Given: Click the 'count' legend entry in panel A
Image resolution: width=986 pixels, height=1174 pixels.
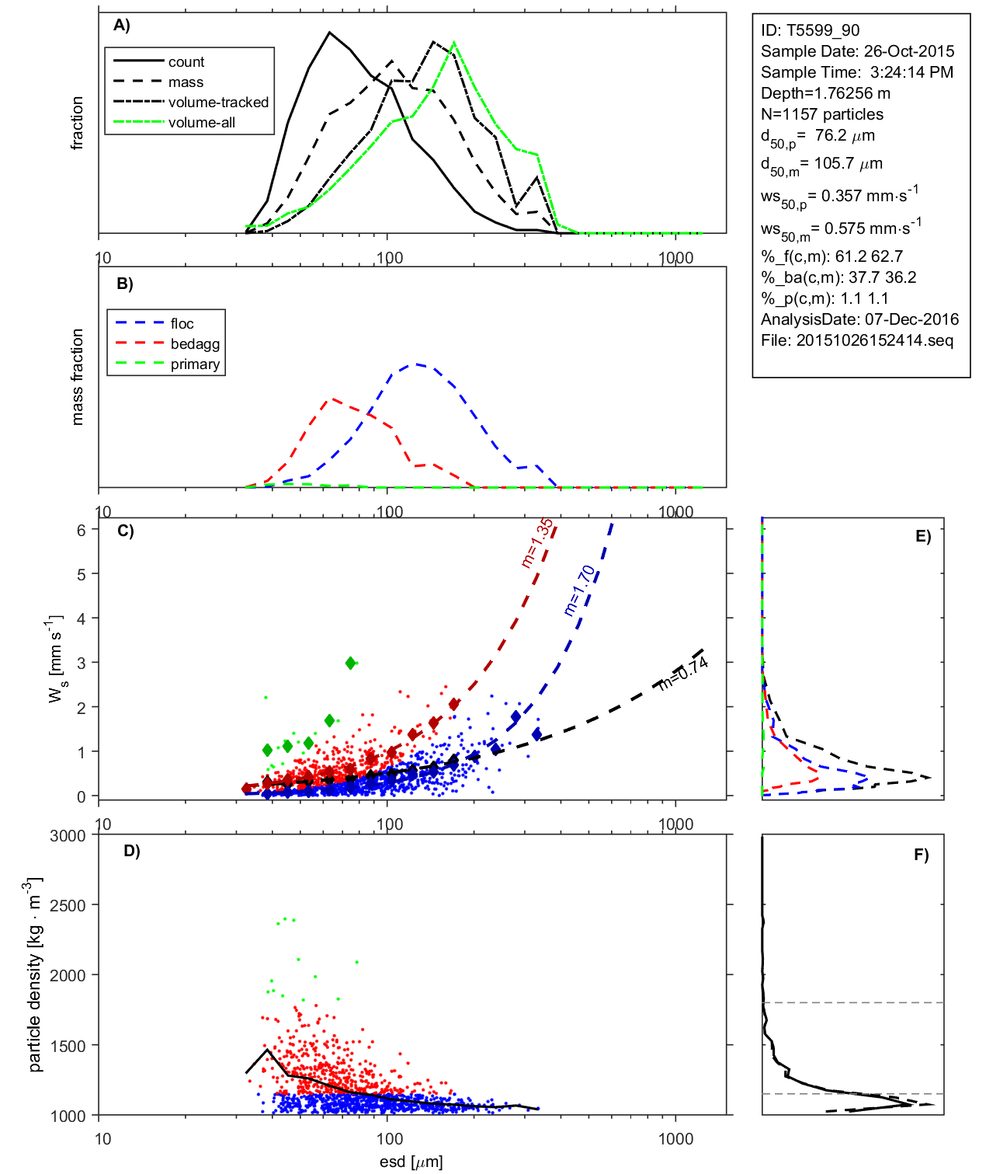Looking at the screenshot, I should [x=186, y=62].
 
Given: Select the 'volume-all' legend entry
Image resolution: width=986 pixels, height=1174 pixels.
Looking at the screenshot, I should [x=201, y=123].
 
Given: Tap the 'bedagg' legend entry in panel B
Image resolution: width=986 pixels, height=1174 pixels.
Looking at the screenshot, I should [x=195, y=344].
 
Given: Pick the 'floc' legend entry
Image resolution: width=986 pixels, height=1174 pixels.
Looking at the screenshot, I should [x=182, y=324].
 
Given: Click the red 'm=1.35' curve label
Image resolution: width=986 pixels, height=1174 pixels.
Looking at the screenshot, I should [x=537, y=543].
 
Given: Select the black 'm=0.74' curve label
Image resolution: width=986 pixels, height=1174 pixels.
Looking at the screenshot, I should [x=683, y=673].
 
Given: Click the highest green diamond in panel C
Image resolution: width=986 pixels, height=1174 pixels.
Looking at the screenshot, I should [x=351, y=663].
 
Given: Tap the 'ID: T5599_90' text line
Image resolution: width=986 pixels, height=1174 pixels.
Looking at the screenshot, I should [x=810, y=31].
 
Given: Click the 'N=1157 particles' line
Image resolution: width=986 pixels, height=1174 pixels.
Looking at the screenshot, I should [x=821, y=114].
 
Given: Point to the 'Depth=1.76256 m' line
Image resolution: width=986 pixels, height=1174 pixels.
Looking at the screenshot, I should [x=825, y=93].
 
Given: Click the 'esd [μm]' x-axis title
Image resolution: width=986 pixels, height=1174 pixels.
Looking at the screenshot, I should [x=411, y=1162].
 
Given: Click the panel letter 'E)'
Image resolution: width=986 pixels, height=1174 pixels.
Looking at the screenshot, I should [x=922, y=536].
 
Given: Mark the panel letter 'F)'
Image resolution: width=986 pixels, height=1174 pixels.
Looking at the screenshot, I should [x=921, y=855].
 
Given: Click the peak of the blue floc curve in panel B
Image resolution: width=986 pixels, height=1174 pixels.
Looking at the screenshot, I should [x=416, y=364].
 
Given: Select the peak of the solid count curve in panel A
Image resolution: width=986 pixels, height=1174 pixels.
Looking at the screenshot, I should [x=330, y=33].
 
